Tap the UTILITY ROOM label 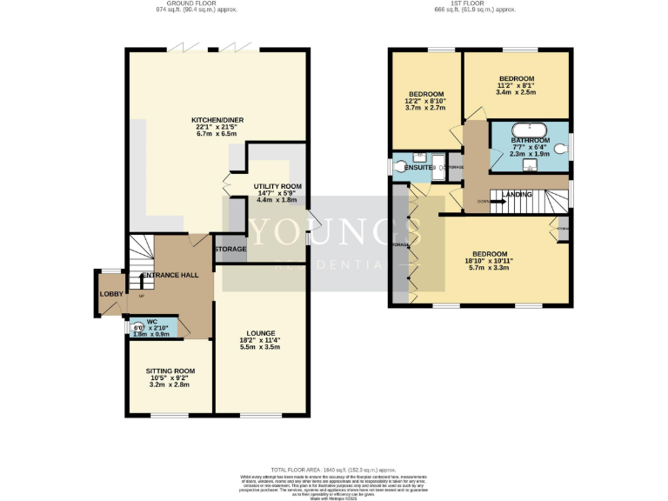click(x=277, y=186)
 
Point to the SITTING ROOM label click(x=170, y=371)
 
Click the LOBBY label click(x=111, y=294)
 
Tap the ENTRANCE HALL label click(x=170, y=275)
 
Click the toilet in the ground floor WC click(x=138, y=328)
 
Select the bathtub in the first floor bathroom click(x=530, y=132)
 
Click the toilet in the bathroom click(x=560, y=149)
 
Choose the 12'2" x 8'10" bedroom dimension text click(x=426, y=102)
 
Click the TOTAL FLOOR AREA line click(x=334, y=468)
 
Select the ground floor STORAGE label click(x=230, y=250)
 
